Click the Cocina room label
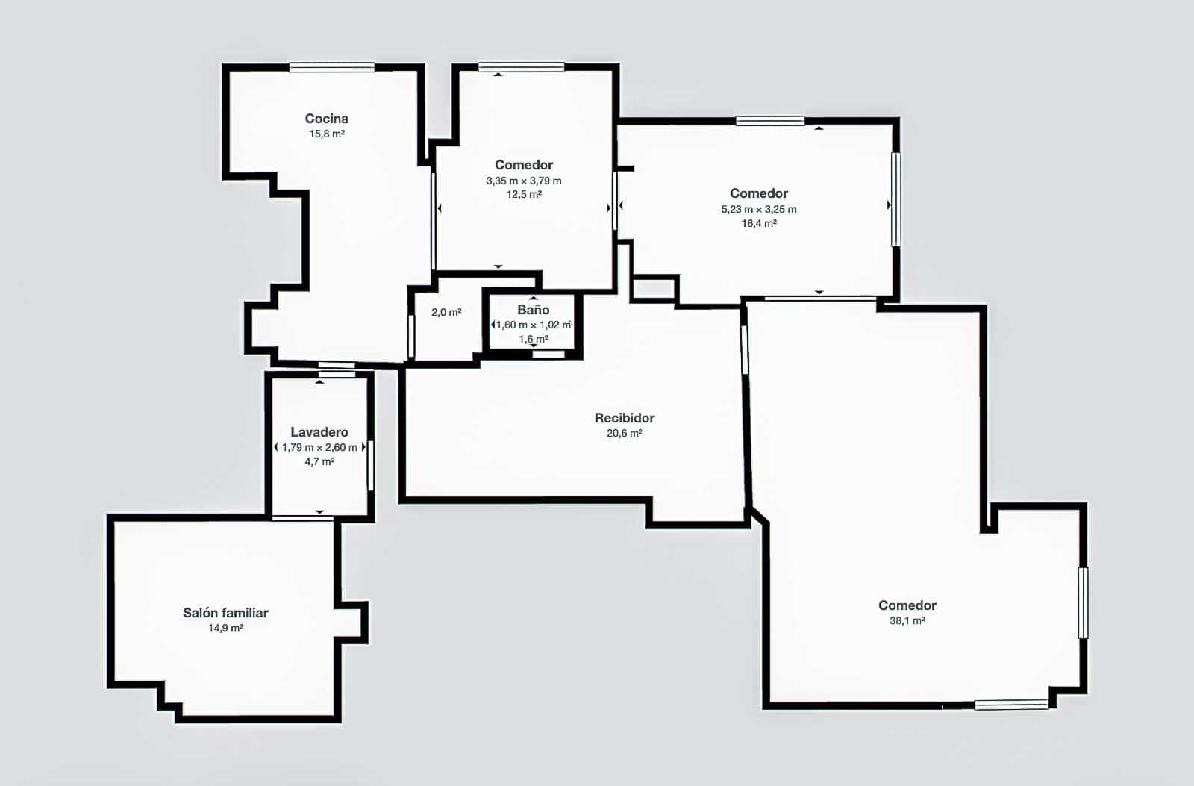tap(326, 119)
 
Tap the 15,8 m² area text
tap(327, 134)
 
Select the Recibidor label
tap(624, 418)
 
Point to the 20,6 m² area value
tap(624, 433)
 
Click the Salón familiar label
tap(225, 613)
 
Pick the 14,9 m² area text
tap(225, 629)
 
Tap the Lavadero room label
tap(319, 432)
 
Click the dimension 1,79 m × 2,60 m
tap(319, 447)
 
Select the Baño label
tap(533, 309)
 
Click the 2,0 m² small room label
tap(446, 312)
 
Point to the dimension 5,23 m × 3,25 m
tap(758, 210)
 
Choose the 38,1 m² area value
tap(907, 621)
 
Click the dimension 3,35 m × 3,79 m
tap(523, 181)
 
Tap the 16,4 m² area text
tap(758, 223)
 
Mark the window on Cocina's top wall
tap(331, 67)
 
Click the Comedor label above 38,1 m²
tap(907, 605)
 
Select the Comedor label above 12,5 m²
tap(523, 165)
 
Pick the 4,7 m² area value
tap(319, 462)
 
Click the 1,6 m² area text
tap(533, 339)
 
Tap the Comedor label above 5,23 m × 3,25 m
tap(758, 193)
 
